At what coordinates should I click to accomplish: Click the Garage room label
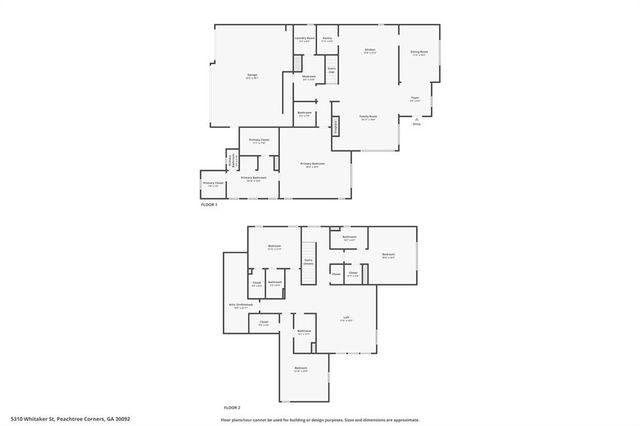[239, 76]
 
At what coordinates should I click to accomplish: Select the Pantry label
[327, 40]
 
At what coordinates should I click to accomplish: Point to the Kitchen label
[369, 51]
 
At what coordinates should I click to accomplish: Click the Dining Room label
[419, 53]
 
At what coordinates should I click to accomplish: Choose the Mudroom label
[309, 77]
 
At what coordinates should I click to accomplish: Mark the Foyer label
[414, 98]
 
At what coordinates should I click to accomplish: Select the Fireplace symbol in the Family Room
[337, 126]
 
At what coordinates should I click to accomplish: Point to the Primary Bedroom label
[313, 165]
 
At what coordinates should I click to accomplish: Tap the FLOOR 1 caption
[209, 204]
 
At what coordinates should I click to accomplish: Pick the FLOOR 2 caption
[232, 407]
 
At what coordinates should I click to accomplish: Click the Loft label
[346, 319]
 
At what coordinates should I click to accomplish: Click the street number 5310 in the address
[18, 419]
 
